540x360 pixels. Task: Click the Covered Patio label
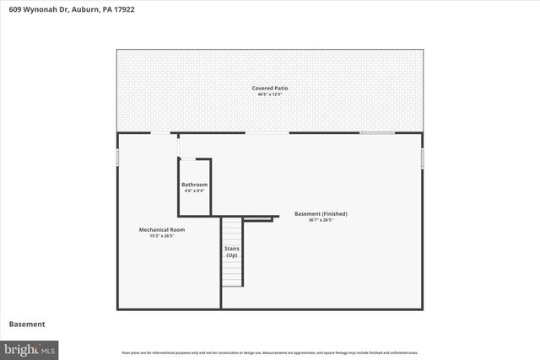point(270,89)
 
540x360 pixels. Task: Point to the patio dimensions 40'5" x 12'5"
point(270,94)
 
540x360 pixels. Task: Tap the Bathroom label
point(194,185)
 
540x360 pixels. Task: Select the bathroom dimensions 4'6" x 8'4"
point(194,191)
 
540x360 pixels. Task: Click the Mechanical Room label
point(162,229)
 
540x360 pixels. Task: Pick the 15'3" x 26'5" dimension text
point(162,235)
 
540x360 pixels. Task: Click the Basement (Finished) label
point(321,213)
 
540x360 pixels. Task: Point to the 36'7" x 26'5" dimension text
point(321,220)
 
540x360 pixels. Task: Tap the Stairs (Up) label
point(231,251)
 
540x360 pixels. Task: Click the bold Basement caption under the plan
point(27,324)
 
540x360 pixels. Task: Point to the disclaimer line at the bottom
point(270,352)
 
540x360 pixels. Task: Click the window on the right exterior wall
point(423,159)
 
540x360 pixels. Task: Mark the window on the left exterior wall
point(117,158)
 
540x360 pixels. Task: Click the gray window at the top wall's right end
point(377,133)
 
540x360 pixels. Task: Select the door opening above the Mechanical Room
point(160,133)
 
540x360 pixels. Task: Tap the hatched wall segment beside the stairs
point(261,218)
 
